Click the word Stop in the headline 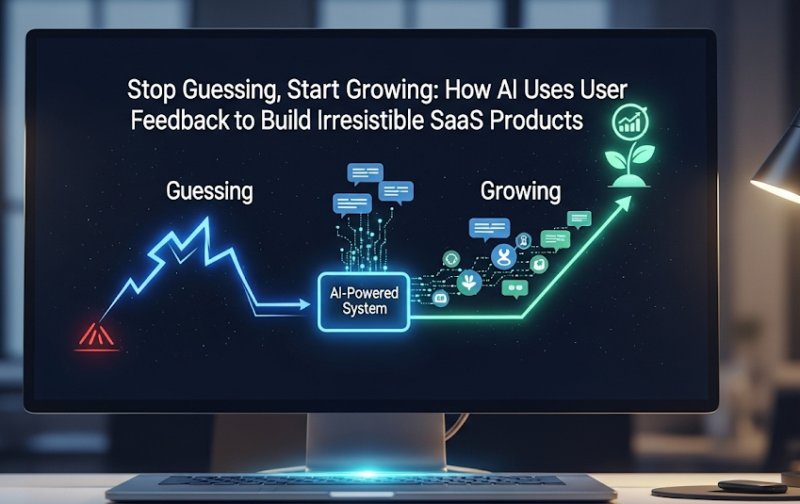click(152, 90)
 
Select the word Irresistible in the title click(370, 120)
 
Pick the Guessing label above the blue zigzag click(209, 191)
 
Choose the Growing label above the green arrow click(520, 191)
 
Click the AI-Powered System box click(364, 301)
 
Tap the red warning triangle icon click(97, 337)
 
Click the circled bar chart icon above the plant click(630, 122)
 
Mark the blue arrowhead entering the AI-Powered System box click(303, 304)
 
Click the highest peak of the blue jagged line click(206, 219)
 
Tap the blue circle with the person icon click(504, 256)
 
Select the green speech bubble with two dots click(514, 288)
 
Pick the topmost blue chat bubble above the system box click(366, 174)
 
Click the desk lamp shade click(776, 166)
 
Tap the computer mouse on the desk click(752, 486)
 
